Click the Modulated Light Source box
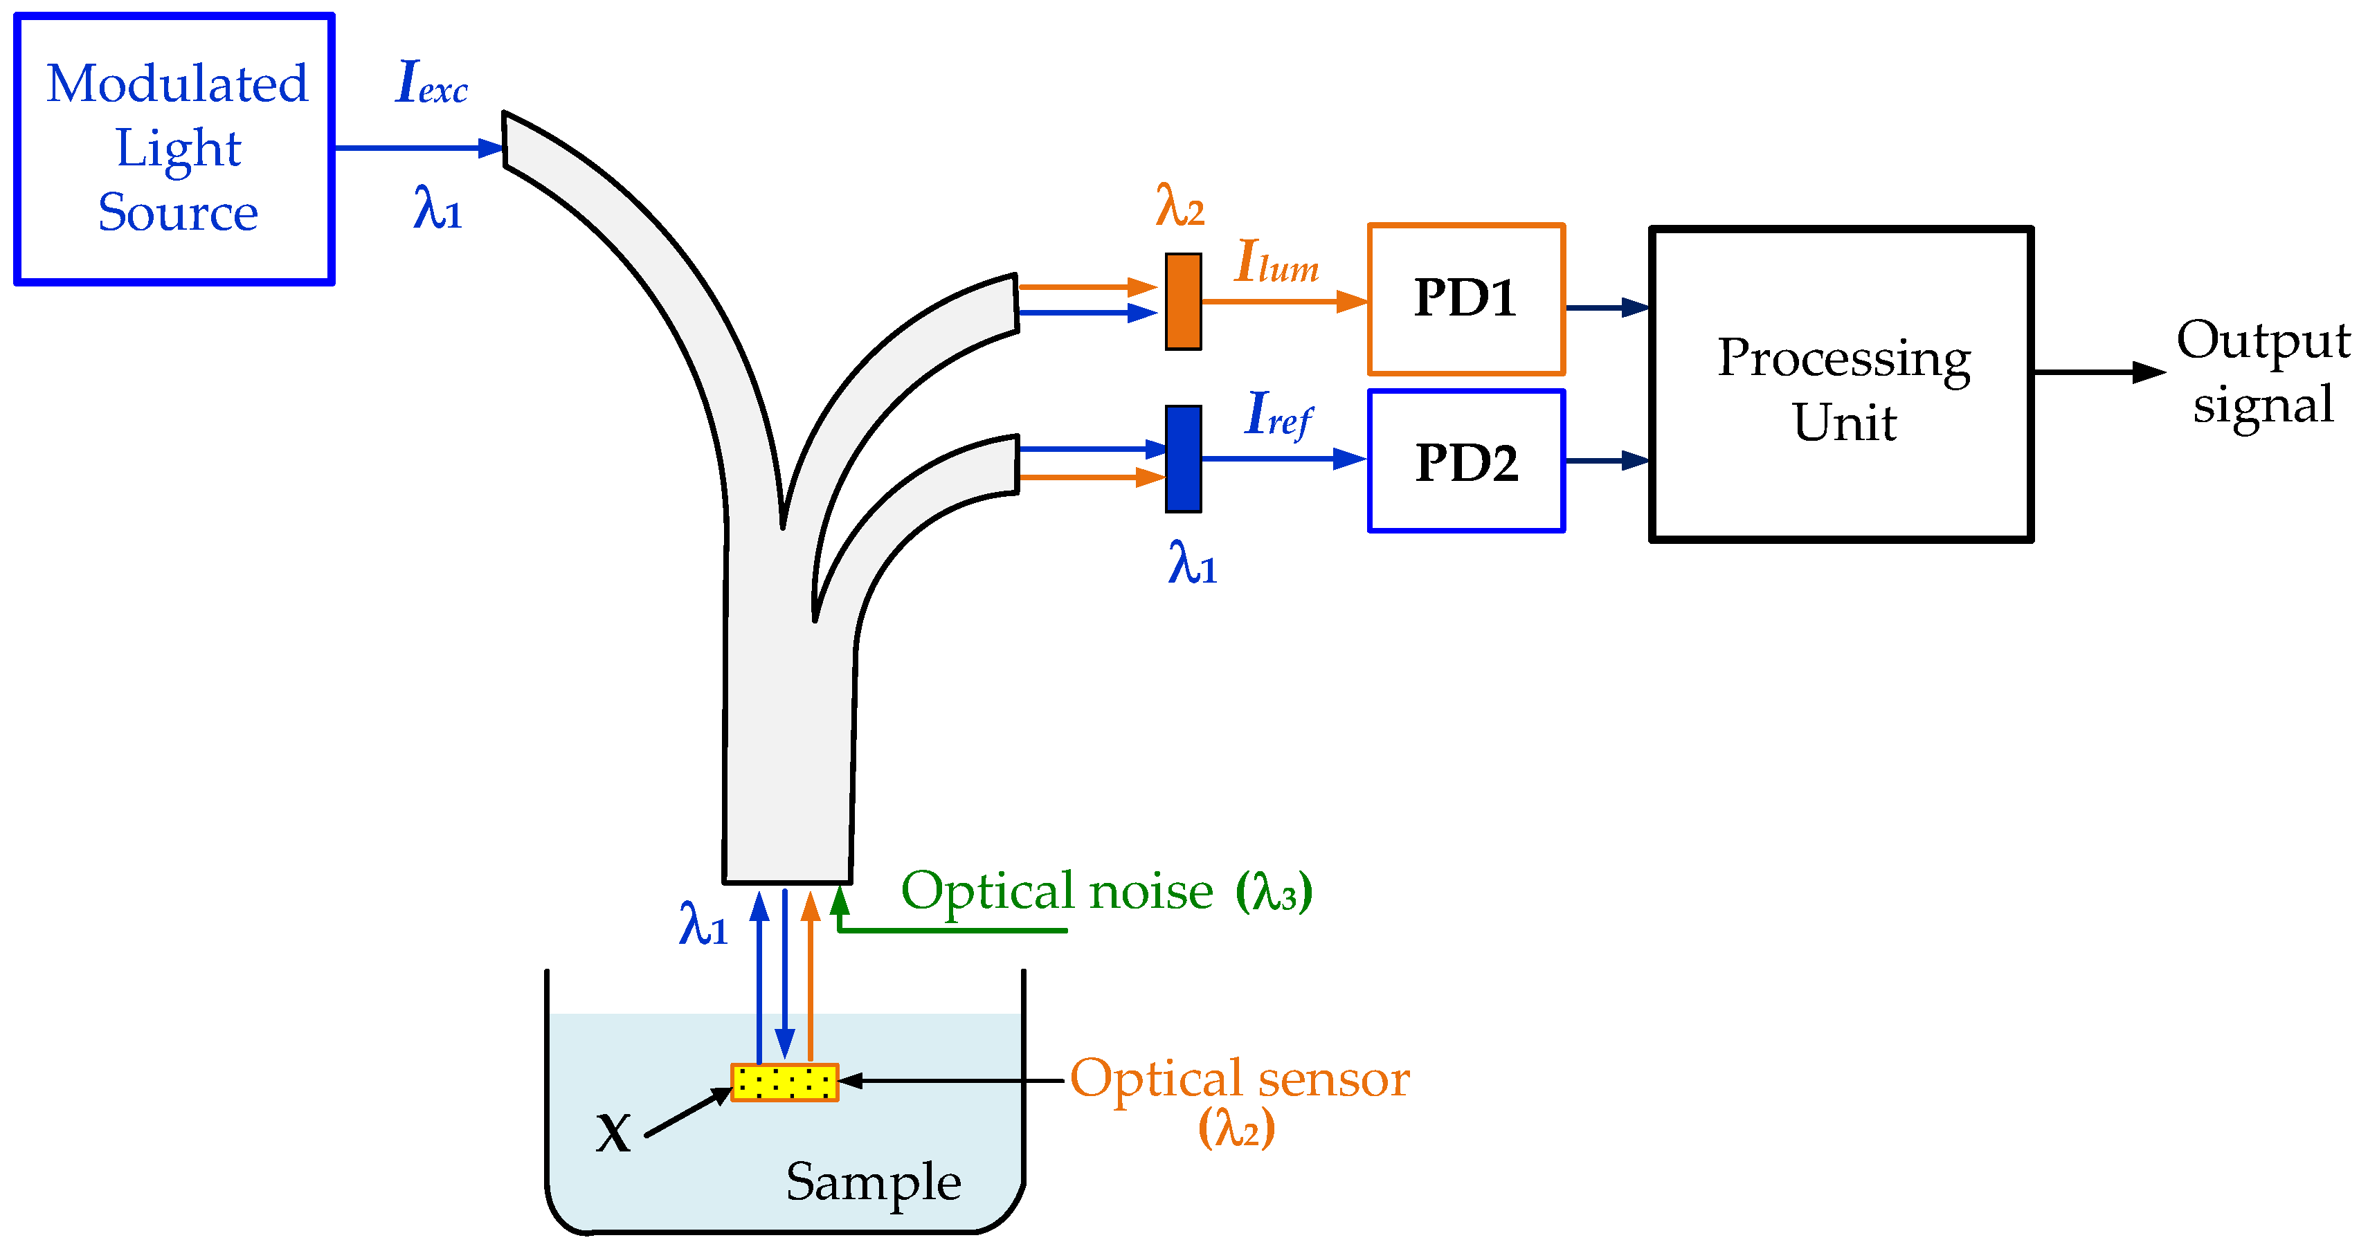point(174,148)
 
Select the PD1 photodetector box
point(1465,300)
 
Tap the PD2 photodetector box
point(1465,462)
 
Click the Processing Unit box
point(1841,385)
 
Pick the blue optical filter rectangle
point(1182,459)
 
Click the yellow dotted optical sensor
point(784,1082)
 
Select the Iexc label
point(431,82)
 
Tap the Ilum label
point(1276,263)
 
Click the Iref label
point(1278,414)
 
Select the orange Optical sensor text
point(1238,1079)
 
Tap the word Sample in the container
point(873,1181)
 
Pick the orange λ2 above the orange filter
point(1179,206)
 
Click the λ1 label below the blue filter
point(1191,563)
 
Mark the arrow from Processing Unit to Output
point(2097,373)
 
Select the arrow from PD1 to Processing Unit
point(1607,308)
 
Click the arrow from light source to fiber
point(417,147)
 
